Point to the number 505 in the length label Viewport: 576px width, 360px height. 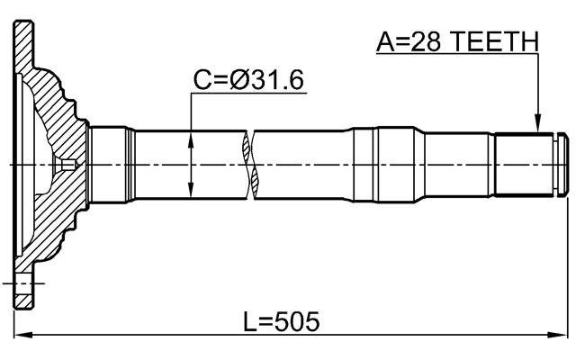click(295, 321)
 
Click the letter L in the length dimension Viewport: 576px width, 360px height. click(251, 321)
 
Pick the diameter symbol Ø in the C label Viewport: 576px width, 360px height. click(241, 80)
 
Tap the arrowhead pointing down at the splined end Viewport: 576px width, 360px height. click(537, 127)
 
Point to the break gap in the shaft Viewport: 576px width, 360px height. click(251, 165)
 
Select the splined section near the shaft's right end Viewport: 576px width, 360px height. click(526, 165)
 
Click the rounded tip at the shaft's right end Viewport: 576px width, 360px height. click(563, 165)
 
